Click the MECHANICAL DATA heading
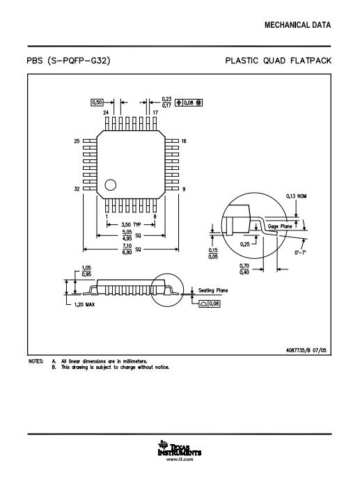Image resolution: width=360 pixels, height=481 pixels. pos(297,25)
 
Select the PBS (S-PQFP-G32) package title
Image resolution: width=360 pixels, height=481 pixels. pos(68,61)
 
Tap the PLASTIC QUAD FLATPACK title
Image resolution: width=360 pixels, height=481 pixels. pos(279,61)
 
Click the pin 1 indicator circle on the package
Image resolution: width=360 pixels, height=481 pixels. pos(111,185)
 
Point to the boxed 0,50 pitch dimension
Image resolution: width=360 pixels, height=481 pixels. pos(97,102)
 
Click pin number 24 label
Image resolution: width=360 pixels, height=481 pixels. pos(106,113)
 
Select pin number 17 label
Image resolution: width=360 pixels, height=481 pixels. pos(155,113)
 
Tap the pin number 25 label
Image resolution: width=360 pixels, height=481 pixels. pos(77,141)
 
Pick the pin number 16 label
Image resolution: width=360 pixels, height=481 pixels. pos(184,141)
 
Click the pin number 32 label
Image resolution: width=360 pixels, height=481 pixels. pos(77,189)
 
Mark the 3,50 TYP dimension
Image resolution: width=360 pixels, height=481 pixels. pos(131,225)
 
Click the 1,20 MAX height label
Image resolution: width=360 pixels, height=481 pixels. pos(84,305)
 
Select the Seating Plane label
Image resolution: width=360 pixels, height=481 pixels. pos(213,290)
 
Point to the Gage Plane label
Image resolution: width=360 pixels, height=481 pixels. pos(280,226)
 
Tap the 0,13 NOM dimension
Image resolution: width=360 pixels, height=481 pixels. pos(296,196)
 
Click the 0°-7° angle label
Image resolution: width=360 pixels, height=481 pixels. pos(300,253)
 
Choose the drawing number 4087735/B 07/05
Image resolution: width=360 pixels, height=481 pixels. pos(306,350)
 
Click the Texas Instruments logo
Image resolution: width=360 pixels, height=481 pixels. pos(180,448)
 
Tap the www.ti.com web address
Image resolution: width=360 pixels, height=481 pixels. pos(180,459)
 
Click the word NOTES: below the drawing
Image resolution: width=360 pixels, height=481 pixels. pos(36,361)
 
